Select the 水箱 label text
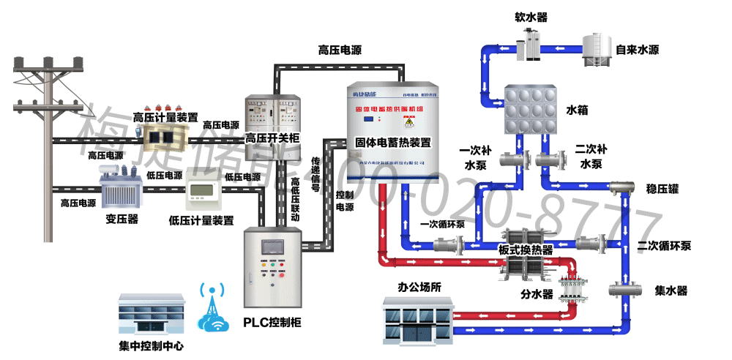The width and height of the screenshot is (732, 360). pos(577,110)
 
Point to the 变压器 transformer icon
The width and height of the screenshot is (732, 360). pos(121,190)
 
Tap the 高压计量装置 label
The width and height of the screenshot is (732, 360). pos(165,117)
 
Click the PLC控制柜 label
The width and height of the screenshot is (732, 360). pos(272,323)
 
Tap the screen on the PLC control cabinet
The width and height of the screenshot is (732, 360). pos(272,246)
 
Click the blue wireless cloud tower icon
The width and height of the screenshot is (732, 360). pos(214,310)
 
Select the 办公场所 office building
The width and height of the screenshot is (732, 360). pos(418,322)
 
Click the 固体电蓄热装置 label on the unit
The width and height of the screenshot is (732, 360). pos(393,142)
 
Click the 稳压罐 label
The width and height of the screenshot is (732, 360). pos(663,189)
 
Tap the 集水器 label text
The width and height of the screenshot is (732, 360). pos(671,290)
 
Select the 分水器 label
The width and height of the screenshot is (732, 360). pos(537,295)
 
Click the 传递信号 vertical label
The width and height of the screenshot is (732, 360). pos(316,174)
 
